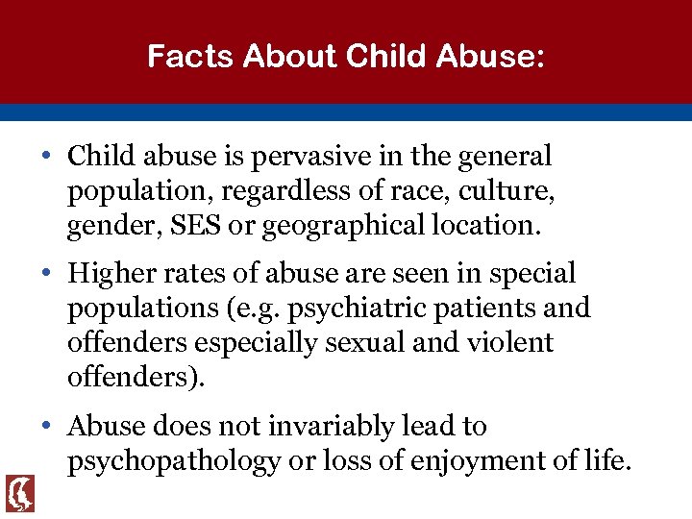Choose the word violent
507,343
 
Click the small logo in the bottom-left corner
19,493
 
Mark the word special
532,274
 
